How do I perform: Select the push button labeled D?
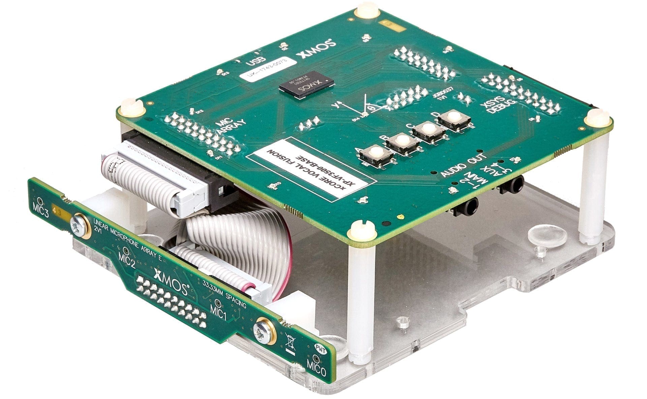(x=454, y=118)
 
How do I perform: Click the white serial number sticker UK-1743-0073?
(x=267, y=69)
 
